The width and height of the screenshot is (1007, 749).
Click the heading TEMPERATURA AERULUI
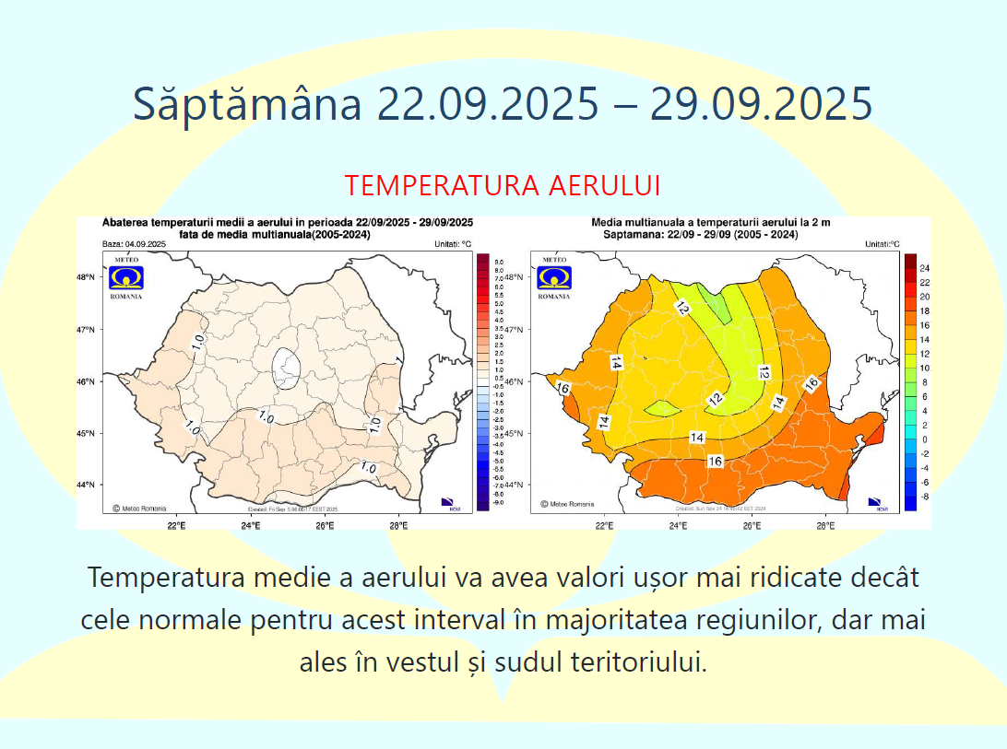click(x=503, y=185)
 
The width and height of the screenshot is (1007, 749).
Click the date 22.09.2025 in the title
click(x=486, y=103)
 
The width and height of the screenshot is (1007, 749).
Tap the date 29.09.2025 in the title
click(x=760, y=103)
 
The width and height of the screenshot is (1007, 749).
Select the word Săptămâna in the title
click(x=247, y=103)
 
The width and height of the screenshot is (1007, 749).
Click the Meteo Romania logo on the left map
click(x=126, y=278)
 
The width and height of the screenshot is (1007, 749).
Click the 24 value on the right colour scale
click(x=924, y=268)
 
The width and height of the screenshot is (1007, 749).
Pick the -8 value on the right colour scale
click(x=923, y=496)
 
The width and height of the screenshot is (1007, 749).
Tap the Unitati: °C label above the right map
click(x=883, y=244)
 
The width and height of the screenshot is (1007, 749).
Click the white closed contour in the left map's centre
click(x=289, y=366)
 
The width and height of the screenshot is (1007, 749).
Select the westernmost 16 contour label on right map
click(x=564, y=388)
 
